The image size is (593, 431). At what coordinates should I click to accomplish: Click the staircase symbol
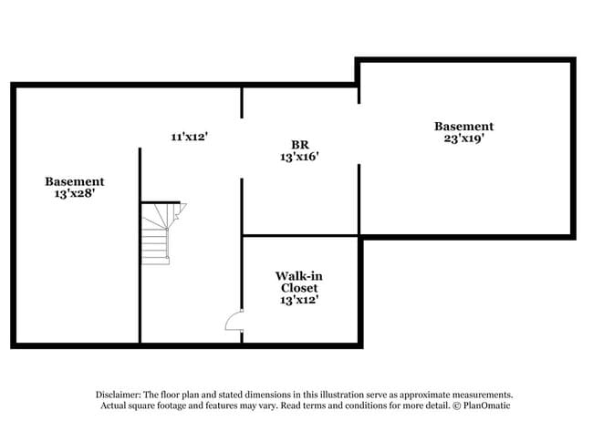156,233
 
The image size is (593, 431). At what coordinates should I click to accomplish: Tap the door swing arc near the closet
234,320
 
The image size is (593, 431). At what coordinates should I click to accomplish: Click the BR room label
299,144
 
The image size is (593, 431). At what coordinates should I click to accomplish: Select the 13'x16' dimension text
299,157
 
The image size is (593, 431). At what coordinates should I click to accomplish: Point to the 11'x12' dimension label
190,137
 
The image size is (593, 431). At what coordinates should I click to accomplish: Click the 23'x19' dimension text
463,139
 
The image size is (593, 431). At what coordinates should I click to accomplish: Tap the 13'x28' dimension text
75,194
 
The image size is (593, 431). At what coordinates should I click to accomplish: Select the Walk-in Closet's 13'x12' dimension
299,300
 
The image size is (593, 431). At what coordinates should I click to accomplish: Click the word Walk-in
299,275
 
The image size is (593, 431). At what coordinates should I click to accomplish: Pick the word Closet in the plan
299,288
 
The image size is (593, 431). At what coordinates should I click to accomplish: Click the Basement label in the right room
463,126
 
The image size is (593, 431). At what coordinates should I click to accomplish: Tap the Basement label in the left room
75,181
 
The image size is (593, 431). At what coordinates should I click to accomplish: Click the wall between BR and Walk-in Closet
301,236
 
